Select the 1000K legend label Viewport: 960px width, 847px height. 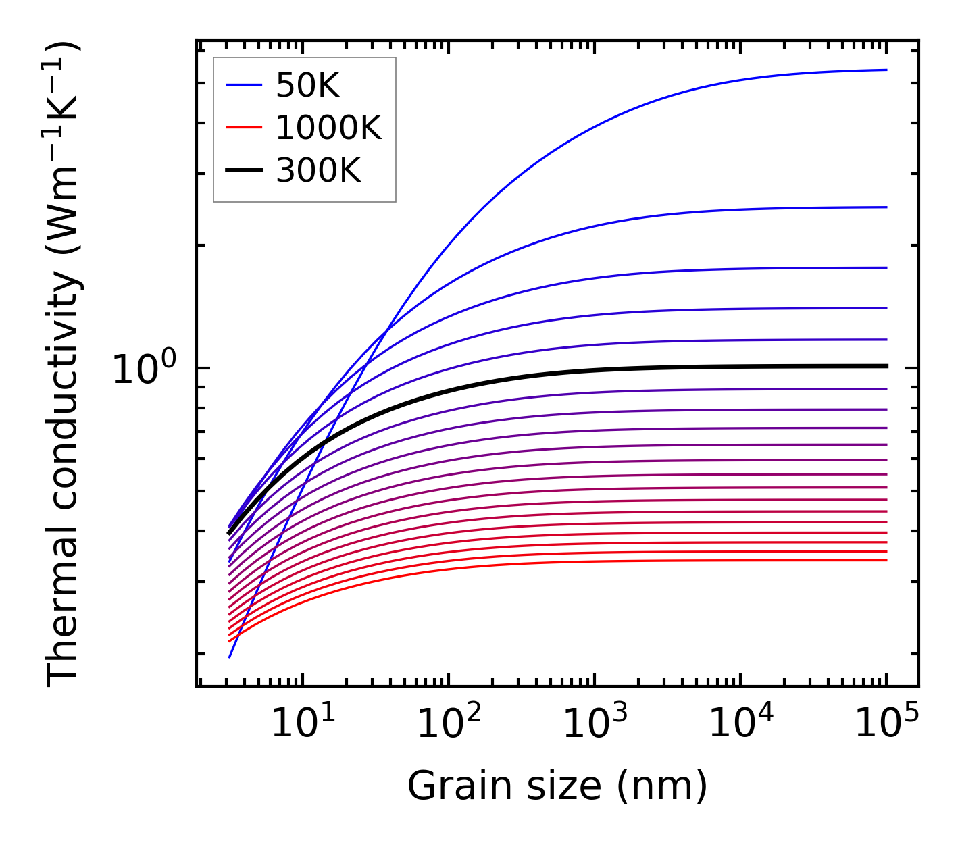[328, 128]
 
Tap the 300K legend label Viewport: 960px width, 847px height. [318, 171]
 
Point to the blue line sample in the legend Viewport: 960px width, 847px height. [243, 85]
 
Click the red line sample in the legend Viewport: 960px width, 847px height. [243, 128]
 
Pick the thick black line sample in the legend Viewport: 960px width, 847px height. [243, 171]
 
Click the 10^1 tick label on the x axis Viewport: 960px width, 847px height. [303, 724]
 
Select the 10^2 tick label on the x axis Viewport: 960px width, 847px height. [449, 724]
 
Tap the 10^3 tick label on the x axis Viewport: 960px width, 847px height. [595, 724]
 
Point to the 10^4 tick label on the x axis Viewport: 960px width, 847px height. [741, 724]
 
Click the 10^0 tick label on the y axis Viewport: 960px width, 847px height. [144, 370]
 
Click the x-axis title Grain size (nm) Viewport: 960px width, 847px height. [557, 786]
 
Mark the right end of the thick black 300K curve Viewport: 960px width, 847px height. [886, 366]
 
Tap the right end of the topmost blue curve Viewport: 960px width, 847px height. [886, 70]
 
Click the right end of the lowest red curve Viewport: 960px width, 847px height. [886, 560]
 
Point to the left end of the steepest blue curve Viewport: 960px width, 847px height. [230, 657]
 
